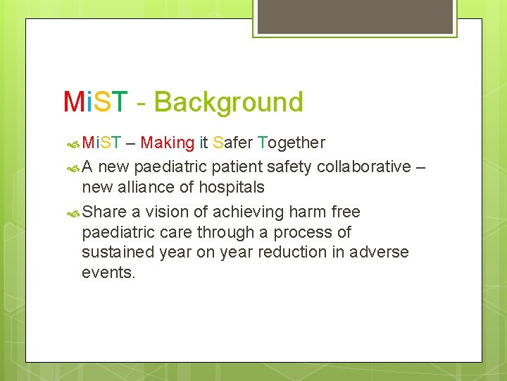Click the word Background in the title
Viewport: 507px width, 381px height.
click(228, 102)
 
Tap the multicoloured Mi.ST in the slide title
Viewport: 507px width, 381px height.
click(96, 102)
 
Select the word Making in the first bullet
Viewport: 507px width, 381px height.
click(167, 143)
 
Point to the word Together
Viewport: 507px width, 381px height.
click(292, 143)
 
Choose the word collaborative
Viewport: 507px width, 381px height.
click(364, 167)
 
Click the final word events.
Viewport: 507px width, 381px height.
click(108, 272)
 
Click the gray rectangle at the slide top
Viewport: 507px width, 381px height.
click(355, 16)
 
